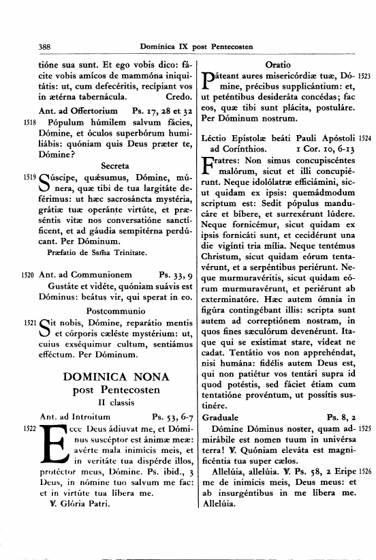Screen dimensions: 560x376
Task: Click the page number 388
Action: (x=46, y=46)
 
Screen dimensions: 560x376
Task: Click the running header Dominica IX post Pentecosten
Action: (x=196, y=46)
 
